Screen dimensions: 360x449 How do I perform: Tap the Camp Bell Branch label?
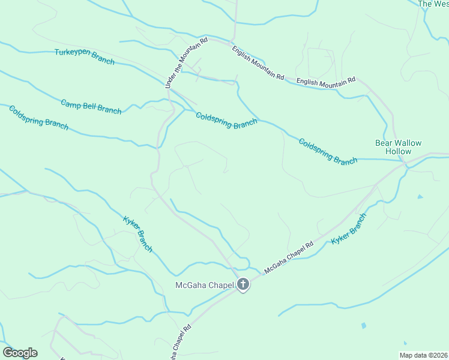(91, 106)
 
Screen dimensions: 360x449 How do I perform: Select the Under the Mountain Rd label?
(186, 64)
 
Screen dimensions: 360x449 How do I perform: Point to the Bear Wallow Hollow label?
(398, 147)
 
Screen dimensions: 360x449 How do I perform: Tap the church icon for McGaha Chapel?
(243, 284)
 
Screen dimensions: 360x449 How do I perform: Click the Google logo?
(20, 353)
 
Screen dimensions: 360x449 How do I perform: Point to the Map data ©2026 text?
(423, 355)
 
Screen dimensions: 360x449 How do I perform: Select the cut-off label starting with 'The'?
(433, 4)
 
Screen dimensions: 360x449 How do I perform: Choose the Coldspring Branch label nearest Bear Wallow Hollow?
(328, 151)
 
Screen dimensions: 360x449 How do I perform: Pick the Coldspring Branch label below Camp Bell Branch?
(38, 118)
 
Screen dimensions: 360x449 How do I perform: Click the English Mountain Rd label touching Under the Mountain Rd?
(258, 59)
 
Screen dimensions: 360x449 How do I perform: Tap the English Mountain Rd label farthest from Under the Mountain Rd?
(326, 81)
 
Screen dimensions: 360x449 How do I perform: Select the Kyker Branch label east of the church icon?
(348, 228)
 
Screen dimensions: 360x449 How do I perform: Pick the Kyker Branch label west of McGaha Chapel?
(138, 233)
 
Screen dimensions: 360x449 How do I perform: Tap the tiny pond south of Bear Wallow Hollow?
(420, 196)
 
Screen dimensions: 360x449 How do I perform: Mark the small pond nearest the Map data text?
(364, 326)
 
